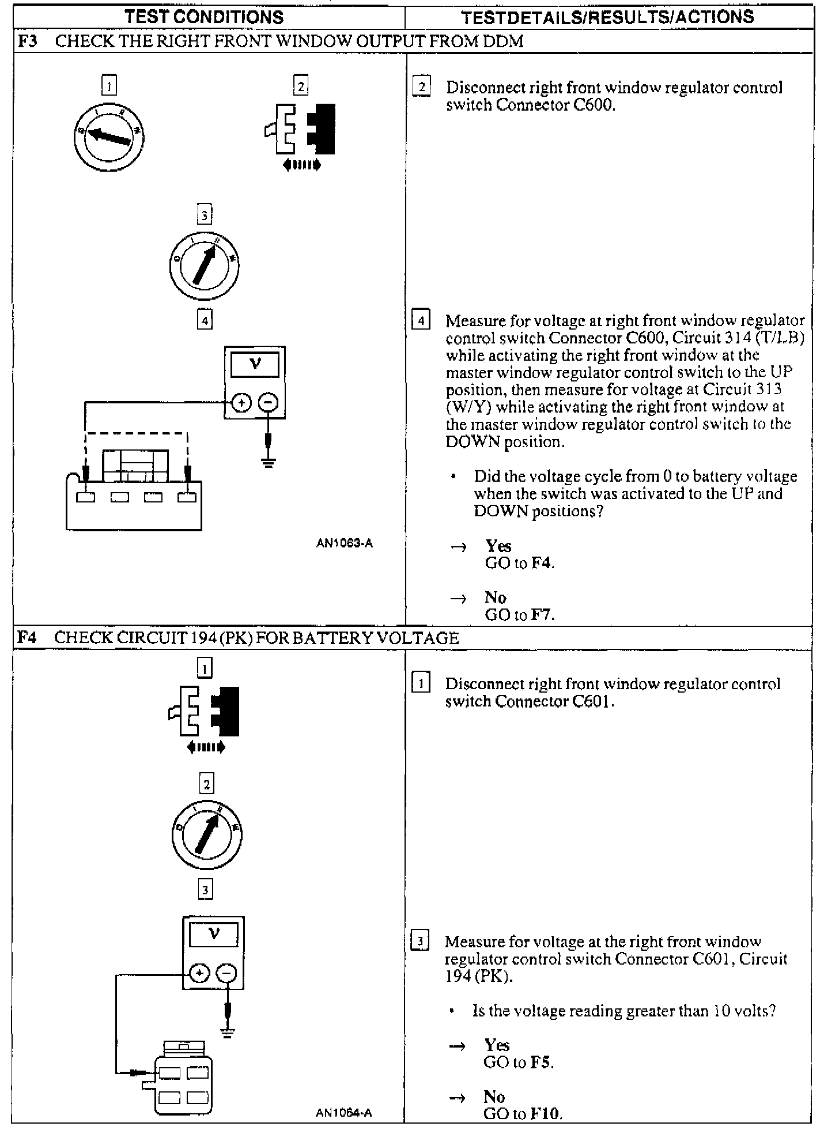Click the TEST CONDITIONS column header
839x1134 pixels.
click(x=204, y=17)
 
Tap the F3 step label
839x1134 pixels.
click(x=27, y=41)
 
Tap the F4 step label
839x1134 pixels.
click(x=27, y=638)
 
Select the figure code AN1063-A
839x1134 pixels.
click(x=344, y=543)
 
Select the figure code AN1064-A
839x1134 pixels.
click(x=343, y=1113)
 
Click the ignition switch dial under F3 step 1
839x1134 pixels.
click(x=109, y=137)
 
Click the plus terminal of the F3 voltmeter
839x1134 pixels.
click(x=241, y=403)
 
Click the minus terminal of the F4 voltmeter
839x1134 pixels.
click(x=226, y=973)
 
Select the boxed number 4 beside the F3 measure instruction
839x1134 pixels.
click(x=421, y=320)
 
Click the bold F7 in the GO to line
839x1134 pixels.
click(x=542, y=615)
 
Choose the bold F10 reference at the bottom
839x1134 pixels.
click(x=544, y=1113)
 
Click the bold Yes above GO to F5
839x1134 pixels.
click(x=497, y=1045)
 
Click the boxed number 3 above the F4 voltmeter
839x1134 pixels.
click(x=205, y=890)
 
